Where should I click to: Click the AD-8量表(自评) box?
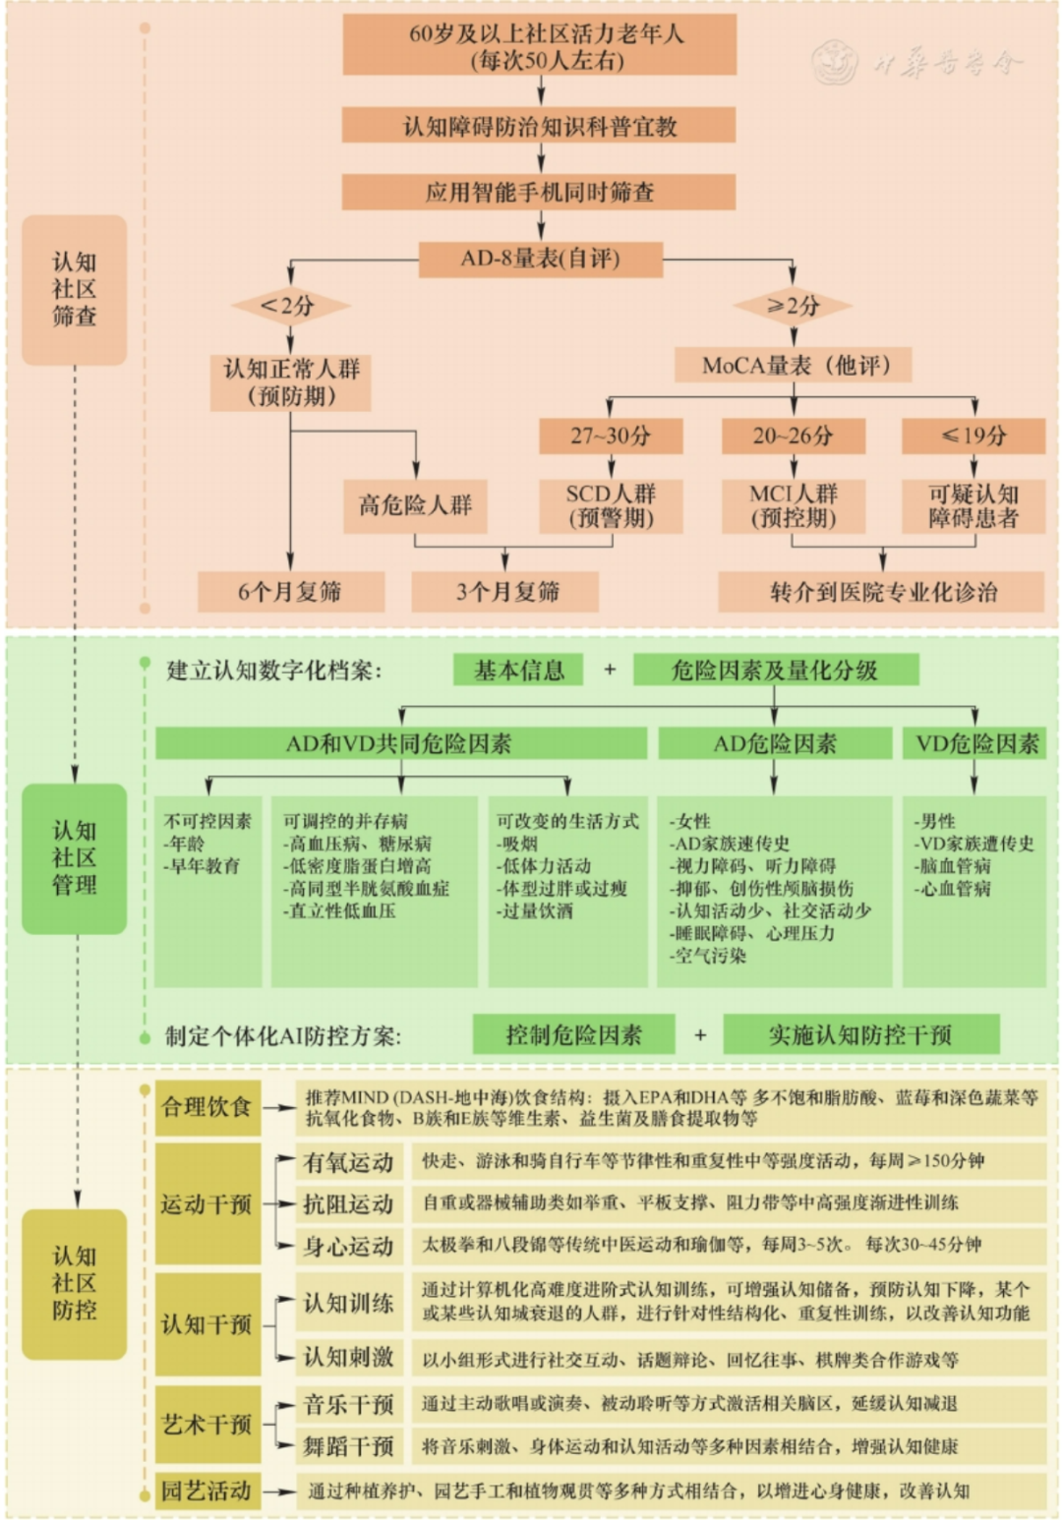click(540, 259)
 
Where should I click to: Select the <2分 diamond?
click(290, 306)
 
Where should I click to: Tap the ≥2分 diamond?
click(793, 306)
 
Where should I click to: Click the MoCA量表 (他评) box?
click(793, 365)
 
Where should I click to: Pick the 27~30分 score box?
click(611, 436)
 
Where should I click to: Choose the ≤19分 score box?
click(973, 436)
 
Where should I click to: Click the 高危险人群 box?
click(415, 505)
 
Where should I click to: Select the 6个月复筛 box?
click(290, 592)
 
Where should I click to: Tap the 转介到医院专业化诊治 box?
click(881, 592)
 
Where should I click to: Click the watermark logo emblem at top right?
click(836, 62)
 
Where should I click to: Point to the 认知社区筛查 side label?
click(75, 290)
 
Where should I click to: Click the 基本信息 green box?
click(518, 670)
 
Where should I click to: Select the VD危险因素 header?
click(974, 743)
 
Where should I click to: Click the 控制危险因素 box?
click(573, 1034)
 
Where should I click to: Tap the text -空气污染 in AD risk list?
click(708, 956)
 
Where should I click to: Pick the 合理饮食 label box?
click(207, 1107)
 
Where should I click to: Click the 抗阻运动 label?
click(349, 1203)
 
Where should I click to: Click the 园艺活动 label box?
click(207, 1491)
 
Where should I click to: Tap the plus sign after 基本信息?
click(610, 670)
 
